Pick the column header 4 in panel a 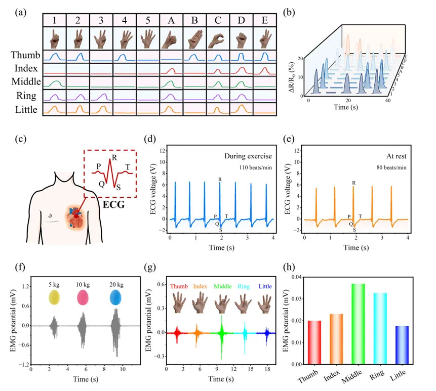[x=124, y=21]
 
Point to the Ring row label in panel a [x=25, y=94]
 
